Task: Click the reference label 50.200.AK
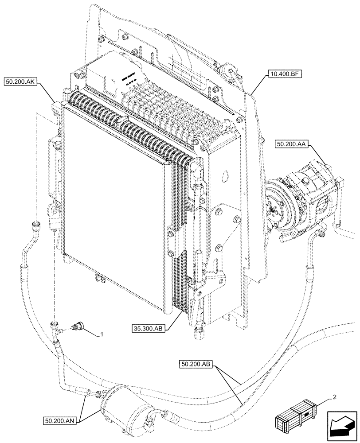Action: click(22, 82)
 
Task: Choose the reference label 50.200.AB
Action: click(197, 364)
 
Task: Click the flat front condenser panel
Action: click(115, 208)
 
